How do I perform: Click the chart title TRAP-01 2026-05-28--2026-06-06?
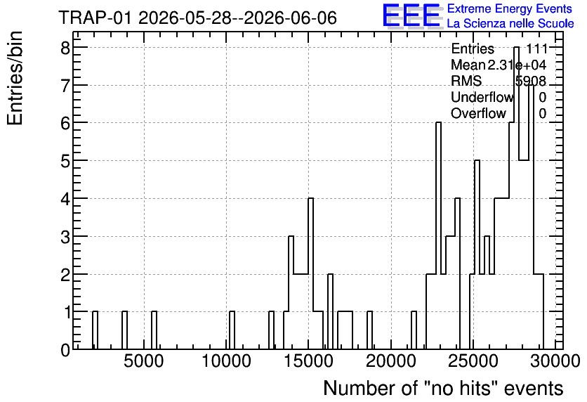coord(198,18)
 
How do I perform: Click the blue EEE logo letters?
coord(411,15)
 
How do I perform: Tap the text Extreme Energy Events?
coord(510,8)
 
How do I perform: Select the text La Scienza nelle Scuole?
coord(510,24)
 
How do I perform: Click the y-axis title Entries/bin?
coord(15,79)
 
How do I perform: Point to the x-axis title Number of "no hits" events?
coord(443,388)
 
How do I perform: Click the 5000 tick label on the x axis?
coord(144,361)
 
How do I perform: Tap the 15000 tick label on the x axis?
coord(308,361)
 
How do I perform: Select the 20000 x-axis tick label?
coord(391,361)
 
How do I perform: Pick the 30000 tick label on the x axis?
coord(555,361)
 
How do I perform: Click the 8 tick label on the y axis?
coord(65,48)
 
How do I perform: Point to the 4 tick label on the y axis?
coord(65,199)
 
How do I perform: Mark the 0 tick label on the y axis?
coord(65,350)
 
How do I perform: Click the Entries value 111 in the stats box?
coord(537,48)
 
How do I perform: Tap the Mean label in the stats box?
coord(468,65)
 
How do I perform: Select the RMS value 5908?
coord(531,81)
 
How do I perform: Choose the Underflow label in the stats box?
coord(482,97)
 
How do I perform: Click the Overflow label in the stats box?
coord(478,113)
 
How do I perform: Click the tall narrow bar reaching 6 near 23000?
coord(438,236)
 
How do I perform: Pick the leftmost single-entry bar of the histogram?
coord(95,330)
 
